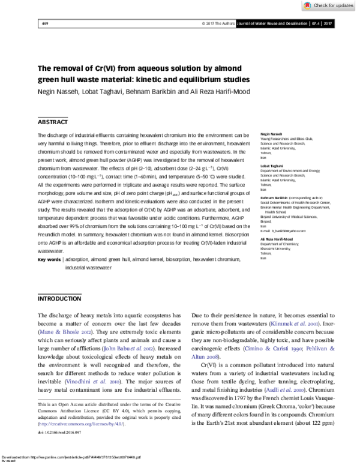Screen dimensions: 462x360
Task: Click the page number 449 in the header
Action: click(44, 24)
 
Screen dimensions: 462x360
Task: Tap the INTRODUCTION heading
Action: click(59, 298)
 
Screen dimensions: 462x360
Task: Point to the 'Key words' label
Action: click(49, 260)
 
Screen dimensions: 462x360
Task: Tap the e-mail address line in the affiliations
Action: click(283, 230)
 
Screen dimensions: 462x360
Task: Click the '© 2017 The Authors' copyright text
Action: click(218, 24)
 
